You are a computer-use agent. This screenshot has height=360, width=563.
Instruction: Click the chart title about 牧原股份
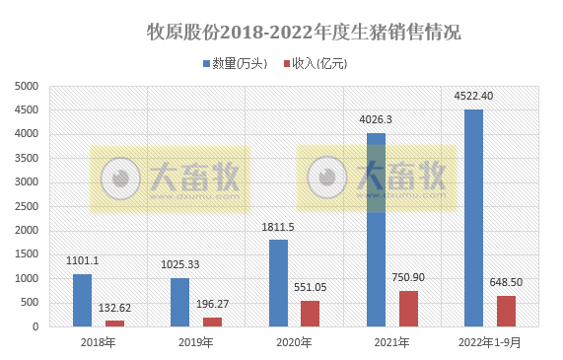[x=303, y=32]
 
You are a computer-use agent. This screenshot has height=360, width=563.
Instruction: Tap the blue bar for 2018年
[x=82, y=300]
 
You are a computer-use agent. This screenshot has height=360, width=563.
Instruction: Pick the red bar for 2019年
[x=212, y=322]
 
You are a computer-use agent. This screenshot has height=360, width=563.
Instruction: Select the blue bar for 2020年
[x=278, y=283]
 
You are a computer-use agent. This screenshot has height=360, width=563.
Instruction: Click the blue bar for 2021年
[x=376, y=230]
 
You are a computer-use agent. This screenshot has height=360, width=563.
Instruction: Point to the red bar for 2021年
[x=408, y=309]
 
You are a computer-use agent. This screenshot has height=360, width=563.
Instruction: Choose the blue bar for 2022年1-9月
[x=473, y=218]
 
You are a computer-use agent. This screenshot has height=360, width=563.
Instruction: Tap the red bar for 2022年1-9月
[x=506, y=311]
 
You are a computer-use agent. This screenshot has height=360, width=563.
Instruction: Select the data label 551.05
[x=313, y=287]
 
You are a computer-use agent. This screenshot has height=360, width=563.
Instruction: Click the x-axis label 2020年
[x=294, y=343]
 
